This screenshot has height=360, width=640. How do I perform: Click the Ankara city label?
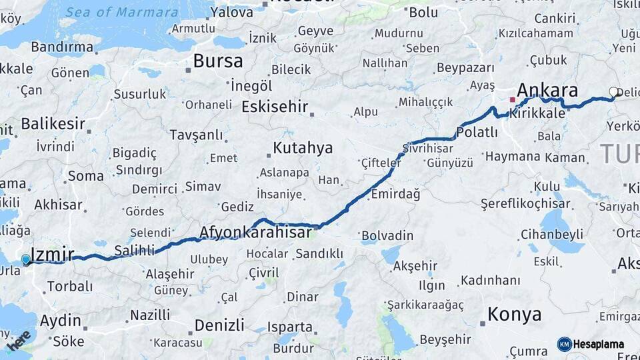(547, 91)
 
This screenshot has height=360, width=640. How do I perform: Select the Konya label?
(514, 315)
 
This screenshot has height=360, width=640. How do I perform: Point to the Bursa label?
(218, 61)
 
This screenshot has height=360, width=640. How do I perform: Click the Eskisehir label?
(275, 107)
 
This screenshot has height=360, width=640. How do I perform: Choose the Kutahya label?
(303, 148)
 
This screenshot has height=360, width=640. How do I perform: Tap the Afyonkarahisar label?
(255, 233)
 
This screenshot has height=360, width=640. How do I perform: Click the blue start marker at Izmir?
(26, 259)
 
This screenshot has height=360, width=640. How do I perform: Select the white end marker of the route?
(613, 93)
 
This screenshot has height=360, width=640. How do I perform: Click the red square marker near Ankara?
(512, 100)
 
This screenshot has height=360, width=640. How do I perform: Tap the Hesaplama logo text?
(599, 345)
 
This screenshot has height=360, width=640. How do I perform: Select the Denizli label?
(219, 325)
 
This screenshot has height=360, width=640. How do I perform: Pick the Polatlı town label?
(477, 132)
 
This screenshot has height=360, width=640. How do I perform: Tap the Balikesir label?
(53, 123)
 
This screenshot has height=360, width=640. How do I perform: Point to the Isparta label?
(289, 327)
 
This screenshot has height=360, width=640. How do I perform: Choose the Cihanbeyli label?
(552, 234)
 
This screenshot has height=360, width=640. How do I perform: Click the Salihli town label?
(134, 250)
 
